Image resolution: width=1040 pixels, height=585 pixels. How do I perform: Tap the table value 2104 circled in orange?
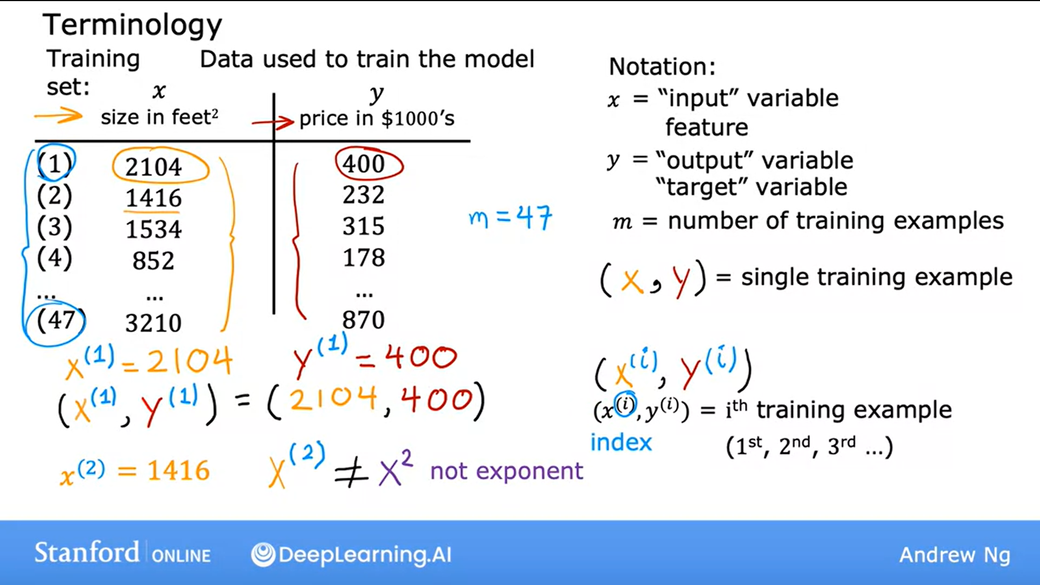point(154,167)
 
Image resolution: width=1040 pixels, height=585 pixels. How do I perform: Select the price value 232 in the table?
point(363,195)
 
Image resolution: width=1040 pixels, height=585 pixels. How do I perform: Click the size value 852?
point(154,261)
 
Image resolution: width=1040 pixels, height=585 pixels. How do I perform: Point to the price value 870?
point(363,320)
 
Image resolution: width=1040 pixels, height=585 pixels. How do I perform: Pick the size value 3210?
point(154,323)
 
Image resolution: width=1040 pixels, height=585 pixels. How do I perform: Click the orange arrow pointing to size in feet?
point(59,116)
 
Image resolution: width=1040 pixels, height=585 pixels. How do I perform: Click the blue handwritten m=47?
point(510,218)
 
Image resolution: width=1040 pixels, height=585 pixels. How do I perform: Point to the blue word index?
point(621,443)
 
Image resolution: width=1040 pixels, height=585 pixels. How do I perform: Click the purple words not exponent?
point(507,471)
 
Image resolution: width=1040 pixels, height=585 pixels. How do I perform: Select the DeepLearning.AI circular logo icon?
point(263,554)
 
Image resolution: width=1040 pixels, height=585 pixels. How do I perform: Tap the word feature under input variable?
point(707,127)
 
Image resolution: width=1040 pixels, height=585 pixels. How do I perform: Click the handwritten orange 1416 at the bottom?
point(178,471)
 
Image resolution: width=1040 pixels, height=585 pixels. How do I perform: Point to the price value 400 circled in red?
point(363,164)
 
